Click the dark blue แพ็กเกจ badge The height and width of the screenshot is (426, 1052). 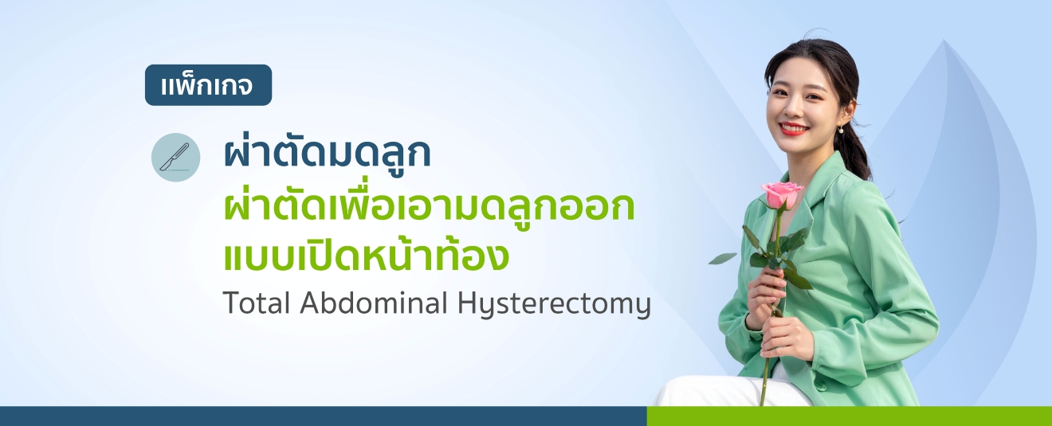pyautogui.click(x=208, y=85)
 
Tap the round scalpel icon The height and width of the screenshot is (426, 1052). pyautogui.click(x=175, y=157)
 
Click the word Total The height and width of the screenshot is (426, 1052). pyautogui.click(x=257, y=303)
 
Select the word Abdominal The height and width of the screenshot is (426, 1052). pyautogui.click(x=374, y=303)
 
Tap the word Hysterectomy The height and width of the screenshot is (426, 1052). pyautogui.click(x=554, y=305)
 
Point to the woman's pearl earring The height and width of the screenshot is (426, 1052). pyautogui.click(x=840, y=128)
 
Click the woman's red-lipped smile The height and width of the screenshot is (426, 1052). pyautogui.click(x=794, y=128)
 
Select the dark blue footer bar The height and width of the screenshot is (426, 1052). pyautogui.click(x=323, y=416)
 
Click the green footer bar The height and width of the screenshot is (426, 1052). pyautogui.click(x=849, y=416)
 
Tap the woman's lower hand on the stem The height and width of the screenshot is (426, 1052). pyautogui.click(x=784, y=340)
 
